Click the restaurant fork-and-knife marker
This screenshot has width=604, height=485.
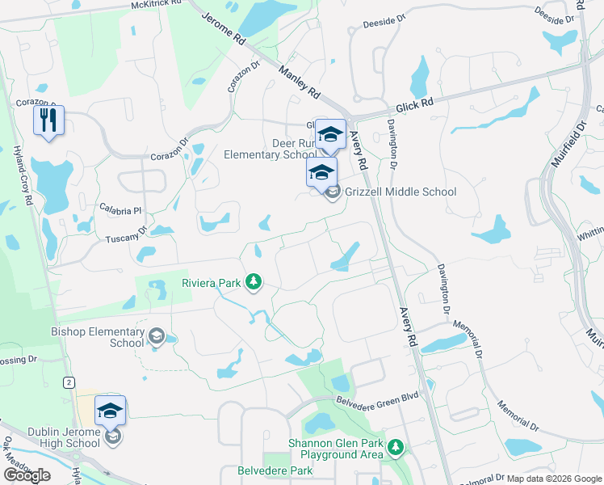[x=48, y=121]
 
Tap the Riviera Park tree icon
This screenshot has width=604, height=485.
[x=254, y=281]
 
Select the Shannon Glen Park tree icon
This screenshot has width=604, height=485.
[x=395, y=447]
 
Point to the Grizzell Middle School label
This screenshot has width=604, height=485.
[x=401, y=192]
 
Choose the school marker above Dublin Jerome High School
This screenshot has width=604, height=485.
[x=110, y=411]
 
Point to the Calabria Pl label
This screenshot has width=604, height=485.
[x=120, y=210]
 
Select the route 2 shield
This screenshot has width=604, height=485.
[x=70, y=382]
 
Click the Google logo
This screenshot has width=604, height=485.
[x=27, y=474]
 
